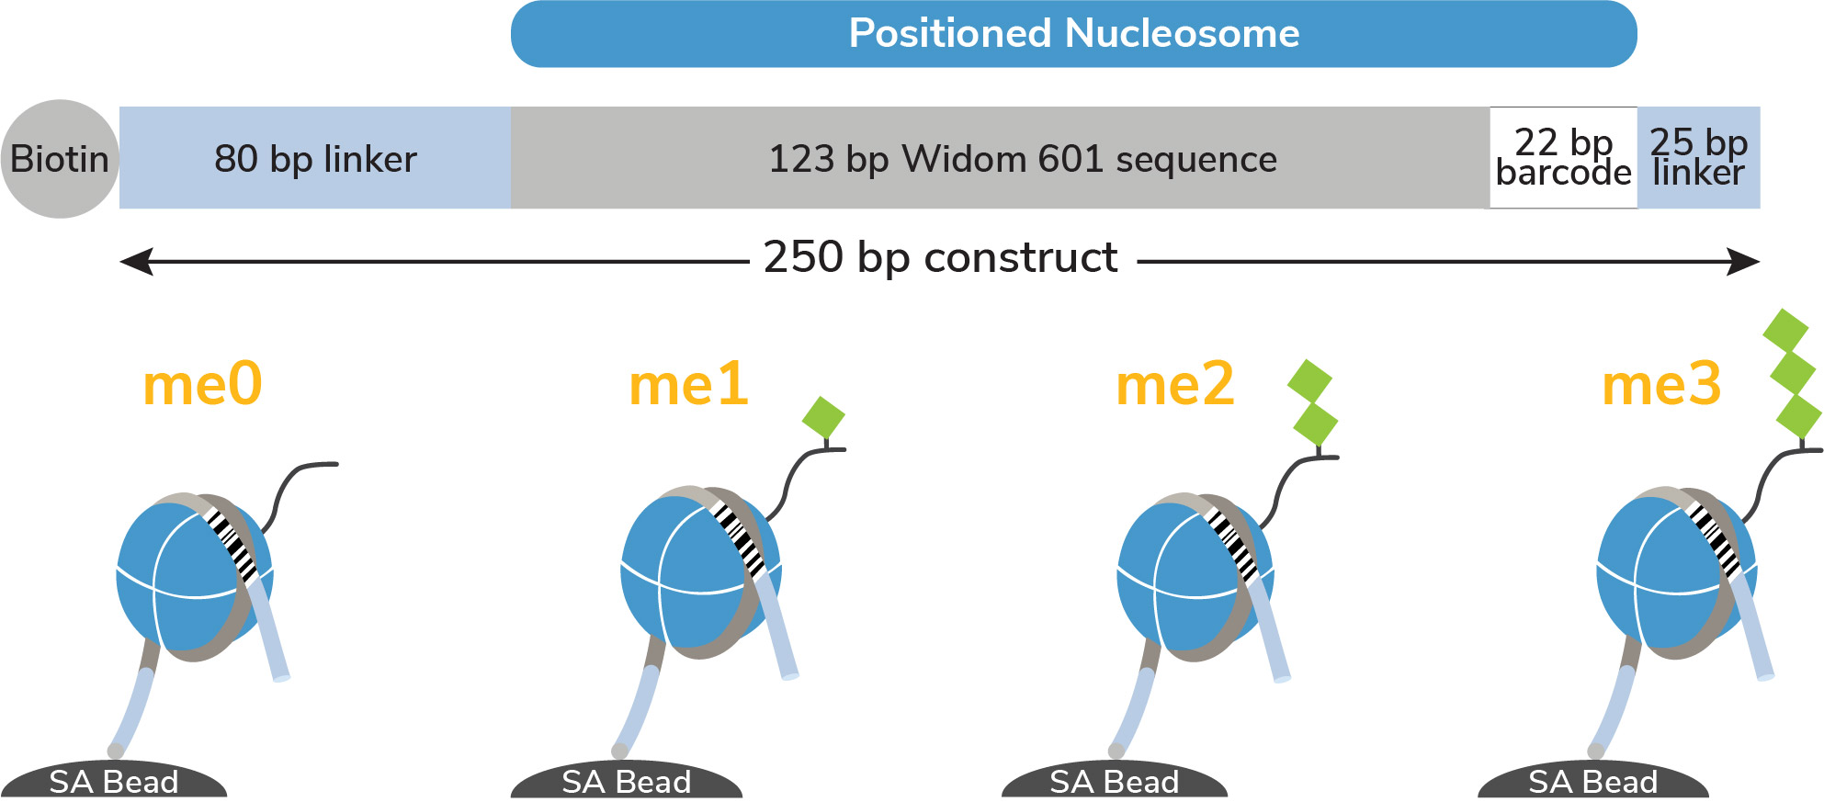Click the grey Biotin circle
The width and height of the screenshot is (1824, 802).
pyautogui.click(x=60, y=159)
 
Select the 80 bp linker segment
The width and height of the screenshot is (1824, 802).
pyautogui.click(x=315, y=158)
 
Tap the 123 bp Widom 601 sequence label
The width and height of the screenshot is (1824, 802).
pyautogui.click(x=1023, y=159)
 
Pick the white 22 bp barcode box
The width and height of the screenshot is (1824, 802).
pyautogui.click(x=1563, y=158)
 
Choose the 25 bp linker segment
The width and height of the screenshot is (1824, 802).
pyautogui.click(x=1699, y=158)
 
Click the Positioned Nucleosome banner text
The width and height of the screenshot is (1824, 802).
pyautogui.click(x=1074, y=33)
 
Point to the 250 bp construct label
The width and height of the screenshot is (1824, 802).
pyautogui.click(x=940, y=257)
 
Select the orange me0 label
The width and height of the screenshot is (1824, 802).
pyautogui.click(x=203, y=384)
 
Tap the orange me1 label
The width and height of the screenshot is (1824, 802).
pyautogui.click(x=688, y=384)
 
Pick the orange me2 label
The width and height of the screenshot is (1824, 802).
pyautogui.click(x=1175, y=384)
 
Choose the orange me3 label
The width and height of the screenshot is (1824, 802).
pyautogui.click(x=1661, y=384)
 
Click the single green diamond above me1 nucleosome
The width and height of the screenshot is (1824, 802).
pyautogui.click(x=823, y=418)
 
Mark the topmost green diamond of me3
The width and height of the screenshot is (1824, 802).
pyautogui.click(x=1785, y=332)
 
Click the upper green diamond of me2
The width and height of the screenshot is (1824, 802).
pyautogui.click(x=1310, y=381)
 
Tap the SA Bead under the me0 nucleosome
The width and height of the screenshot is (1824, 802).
pyautogui.click(x=114, y=780)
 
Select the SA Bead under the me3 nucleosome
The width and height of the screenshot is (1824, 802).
pyautogui.click(x=1593, y=780)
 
